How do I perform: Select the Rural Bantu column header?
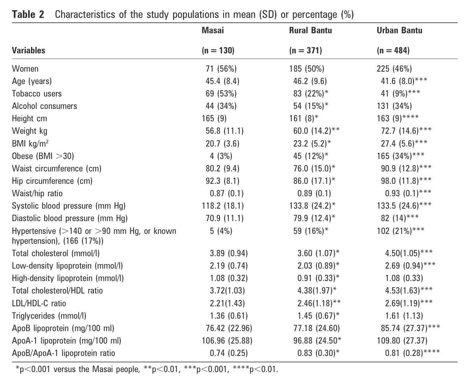click(310, 30)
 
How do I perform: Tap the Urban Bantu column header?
click(399, 30)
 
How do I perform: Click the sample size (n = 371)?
click(305, 50)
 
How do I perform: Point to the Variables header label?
click(29, 50)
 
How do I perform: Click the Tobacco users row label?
click(37, 94)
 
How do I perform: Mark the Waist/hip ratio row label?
click(37, 194)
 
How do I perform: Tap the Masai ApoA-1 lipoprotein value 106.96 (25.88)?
click(224, 341)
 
